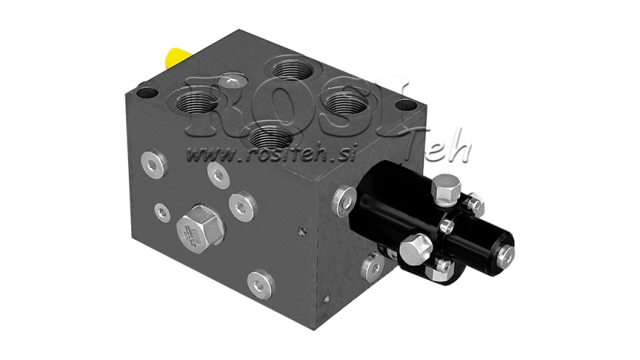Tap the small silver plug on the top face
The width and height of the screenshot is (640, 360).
(x=232, y=79)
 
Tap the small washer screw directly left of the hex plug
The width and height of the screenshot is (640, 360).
(x=162, y=211)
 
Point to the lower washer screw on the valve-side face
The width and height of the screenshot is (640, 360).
(x=370, y=264)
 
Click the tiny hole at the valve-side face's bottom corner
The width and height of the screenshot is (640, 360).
(x=326, y=303)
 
